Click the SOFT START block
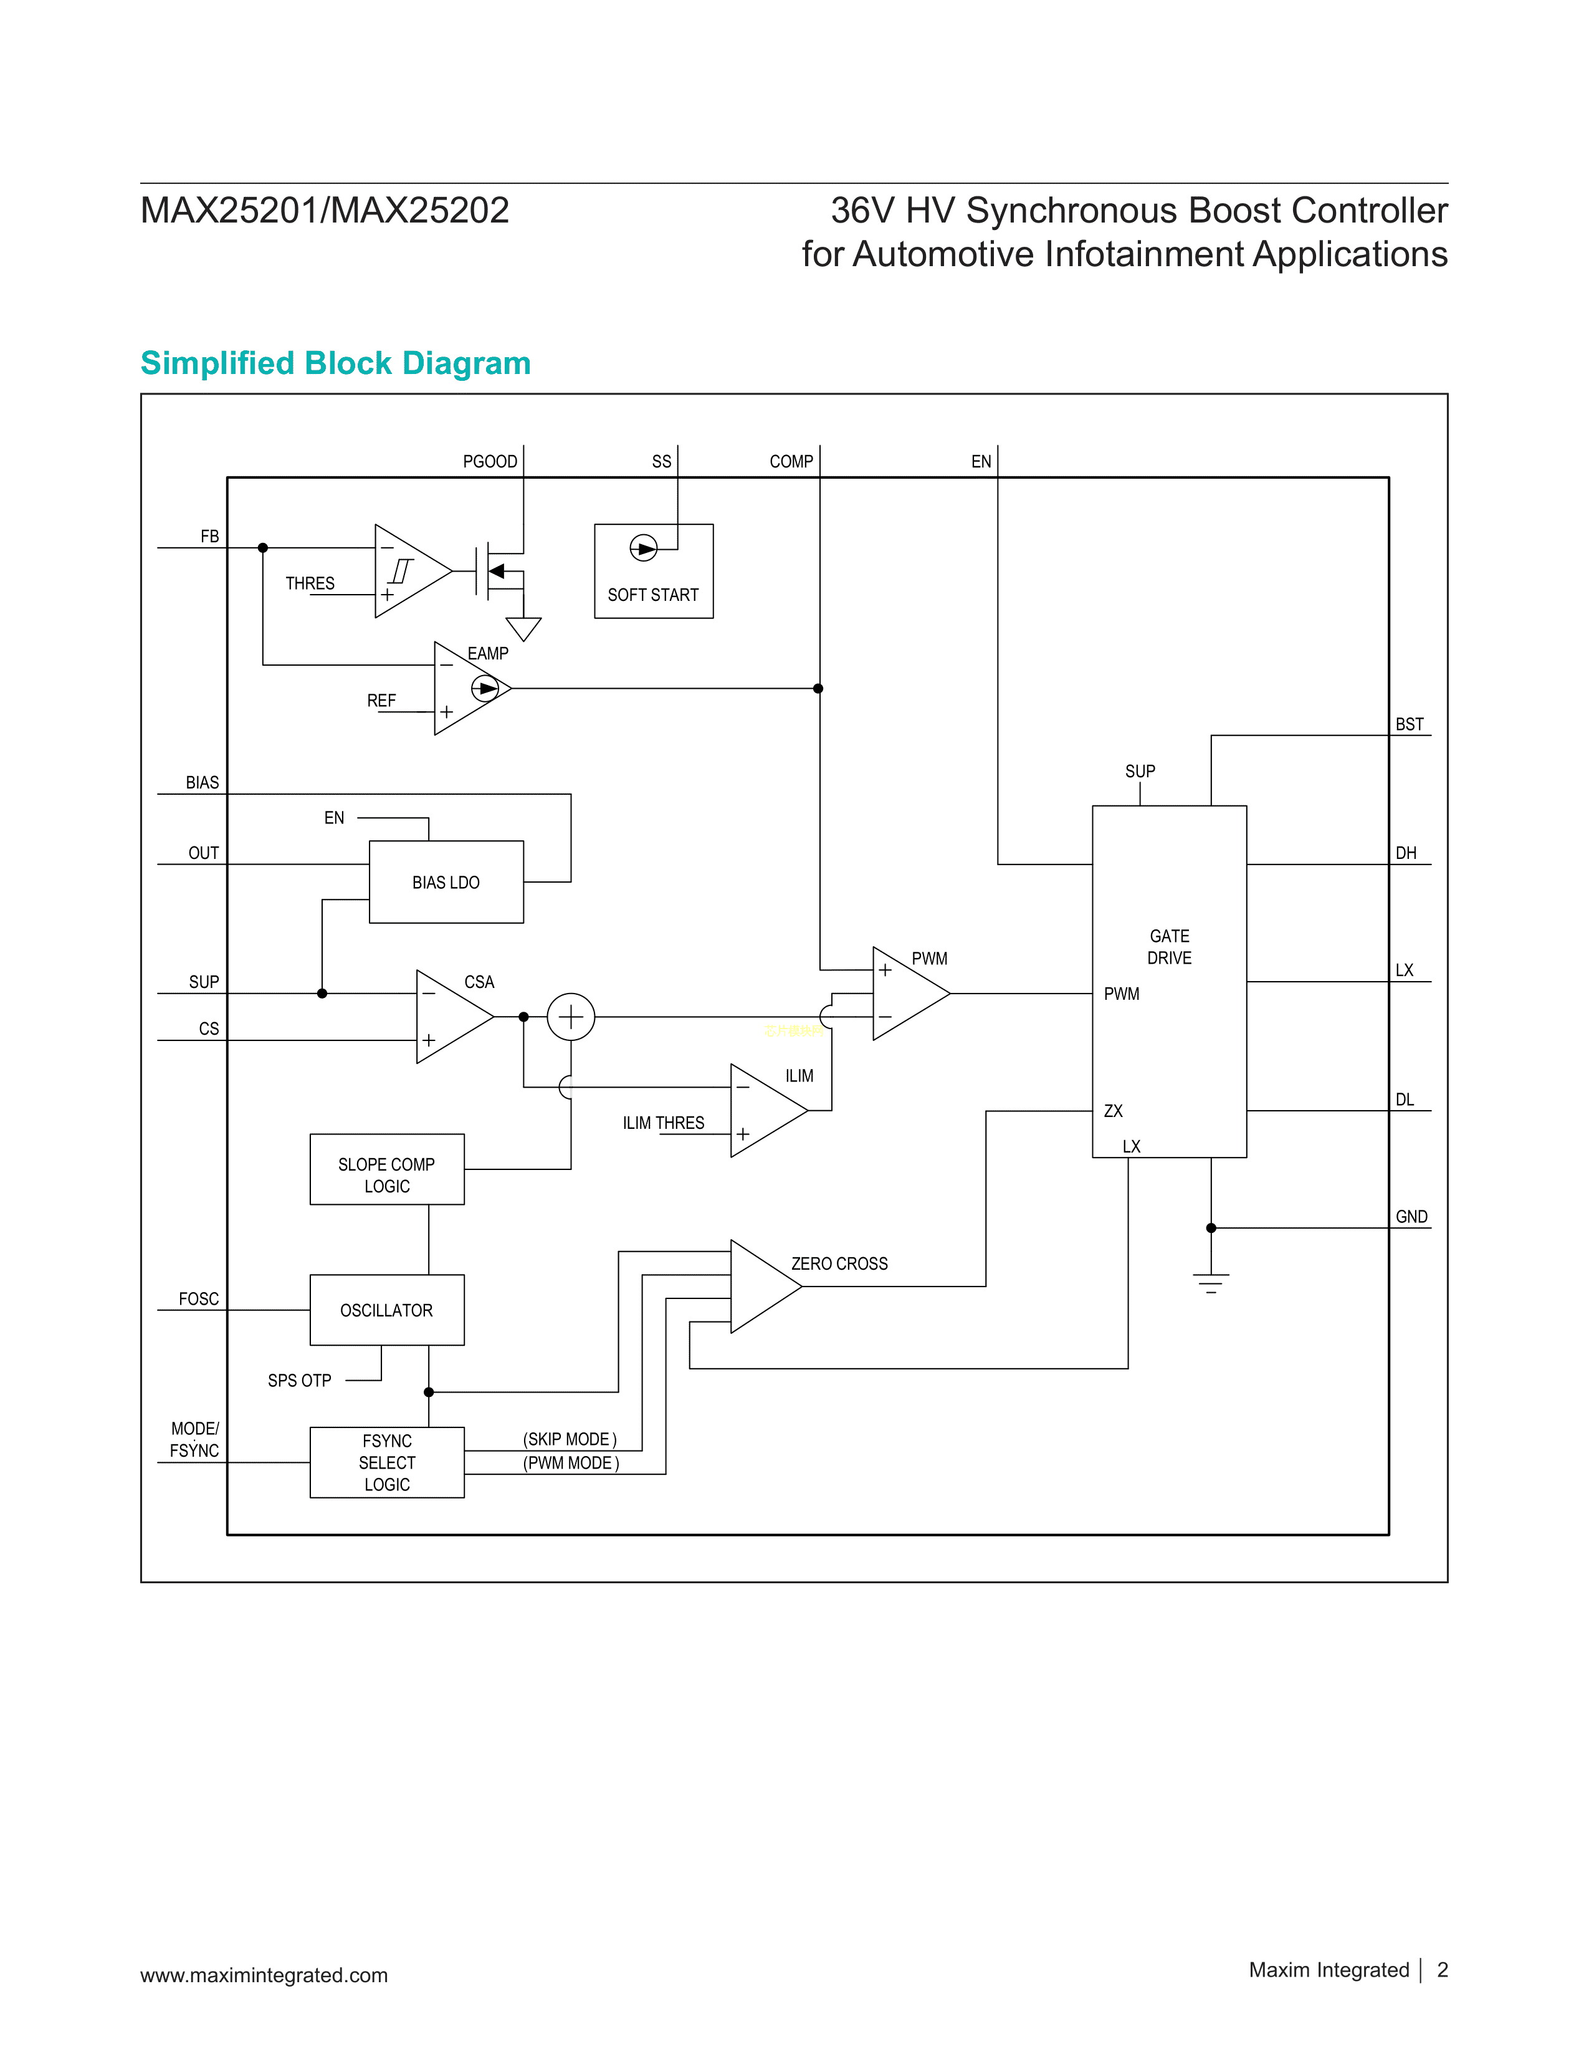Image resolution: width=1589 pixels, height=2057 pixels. (653, 572)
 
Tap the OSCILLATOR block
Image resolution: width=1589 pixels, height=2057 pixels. (387, 1310)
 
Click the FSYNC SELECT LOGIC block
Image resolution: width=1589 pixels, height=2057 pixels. (387, 1463)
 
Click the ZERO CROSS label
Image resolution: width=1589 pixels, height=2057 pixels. (839, 1264)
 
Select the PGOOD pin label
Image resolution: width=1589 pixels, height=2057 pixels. (490, 461)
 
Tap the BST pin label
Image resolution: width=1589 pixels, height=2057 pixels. (1409, 724)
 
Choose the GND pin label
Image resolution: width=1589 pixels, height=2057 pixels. (1411, 1217)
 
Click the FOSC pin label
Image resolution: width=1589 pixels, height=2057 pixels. (199, 1299)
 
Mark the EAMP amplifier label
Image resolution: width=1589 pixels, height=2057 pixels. (488, 654)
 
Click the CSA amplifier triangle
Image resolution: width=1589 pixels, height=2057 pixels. (449, 1017)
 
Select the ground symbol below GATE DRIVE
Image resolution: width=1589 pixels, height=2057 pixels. (1211, 1283)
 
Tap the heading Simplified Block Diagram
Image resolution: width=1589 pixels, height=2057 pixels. (335, 363)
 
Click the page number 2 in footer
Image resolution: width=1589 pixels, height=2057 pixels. (1442, 1970)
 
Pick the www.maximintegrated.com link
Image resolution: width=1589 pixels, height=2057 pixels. (264, 1975)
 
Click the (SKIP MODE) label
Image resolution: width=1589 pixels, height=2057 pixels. (570, 1439)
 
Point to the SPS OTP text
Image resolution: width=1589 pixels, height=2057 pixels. (299, 1381)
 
